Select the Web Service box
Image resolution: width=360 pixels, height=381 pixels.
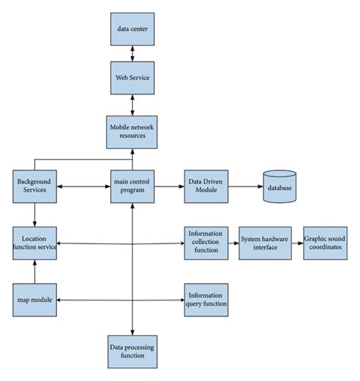133,78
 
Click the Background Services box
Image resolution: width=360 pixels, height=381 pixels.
33,186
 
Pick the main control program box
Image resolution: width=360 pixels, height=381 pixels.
133,186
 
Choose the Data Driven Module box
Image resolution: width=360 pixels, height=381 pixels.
206,186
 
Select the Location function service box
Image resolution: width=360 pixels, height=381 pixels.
33,243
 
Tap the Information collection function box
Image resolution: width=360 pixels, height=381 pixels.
206,243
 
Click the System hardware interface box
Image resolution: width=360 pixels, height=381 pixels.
265,243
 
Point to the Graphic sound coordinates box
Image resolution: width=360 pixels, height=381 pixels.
326,243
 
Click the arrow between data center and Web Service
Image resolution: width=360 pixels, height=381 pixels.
133,52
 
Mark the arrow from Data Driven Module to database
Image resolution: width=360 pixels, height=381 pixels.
245,186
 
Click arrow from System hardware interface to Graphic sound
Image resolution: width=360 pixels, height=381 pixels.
296,243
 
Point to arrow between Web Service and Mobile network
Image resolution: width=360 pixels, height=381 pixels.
133,103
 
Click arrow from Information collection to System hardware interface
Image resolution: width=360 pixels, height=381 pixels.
233,243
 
